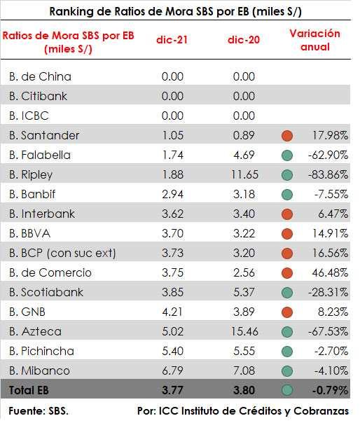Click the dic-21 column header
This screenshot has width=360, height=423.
point(172,40)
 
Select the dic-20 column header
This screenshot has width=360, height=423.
point(244,40)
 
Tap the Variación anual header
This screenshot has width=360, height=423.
point(315,40)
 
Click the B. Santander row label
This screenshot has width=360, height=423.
point(44,135)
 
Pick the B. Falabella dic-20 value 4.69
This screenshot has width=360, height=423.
point(244,155)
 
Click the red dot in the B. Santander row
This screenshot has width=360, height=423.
point(287,136)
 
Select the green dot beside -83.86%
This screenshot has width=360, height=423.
point(287,175)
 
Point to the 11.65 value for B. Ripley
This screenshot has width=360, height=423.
point(244,175)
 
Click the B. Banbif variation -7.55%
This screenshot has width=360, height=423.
point(331,195)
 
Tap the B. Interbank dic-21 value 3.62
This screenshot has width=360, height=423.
point(173,214)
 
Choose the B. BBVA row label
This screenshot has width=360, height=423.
point(29,234)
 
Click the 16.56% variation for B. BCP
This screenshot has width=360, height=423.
point(330,254)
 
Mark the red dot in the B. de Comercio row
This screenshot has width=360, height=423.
point(287,273)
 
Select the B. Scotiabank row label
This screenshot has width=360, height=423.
point(46,293)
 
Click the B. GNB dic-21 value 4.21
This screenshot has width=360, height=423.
point(172,312)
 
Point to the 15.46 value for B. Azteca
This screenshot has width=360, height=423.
point(244,331)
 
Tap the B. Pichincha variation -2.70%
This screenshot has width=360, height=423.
point(331,352)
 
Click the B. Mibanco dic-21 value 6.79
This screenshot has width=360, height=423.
point(173,371)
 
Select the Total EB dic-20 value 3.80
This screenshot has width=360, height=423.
point(244,390)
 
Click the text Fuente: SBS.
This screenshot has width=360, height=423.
point(39,411)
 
